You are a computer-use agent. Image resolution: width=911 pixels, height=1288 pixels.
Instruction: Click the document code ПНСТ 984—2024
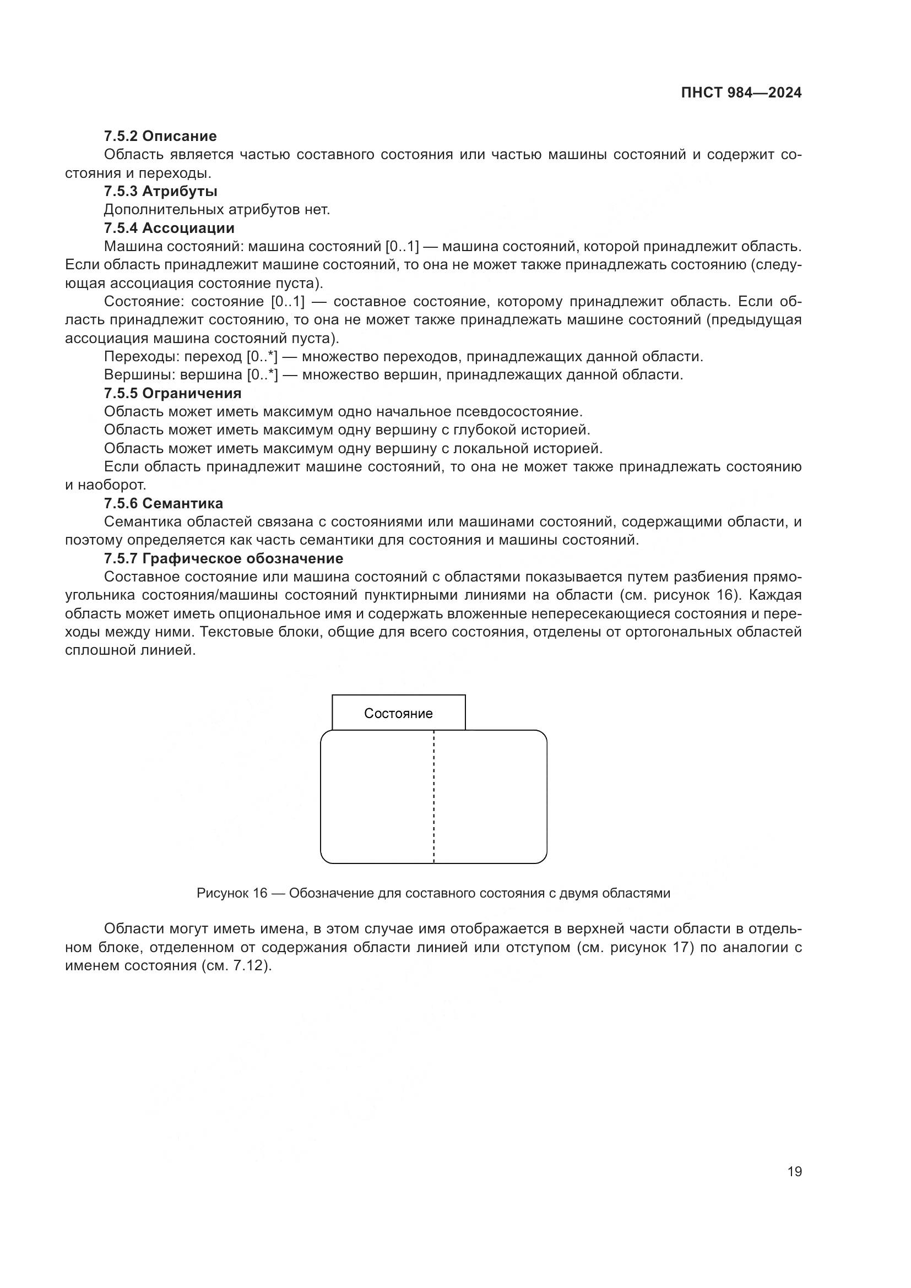click(x=741, y=93)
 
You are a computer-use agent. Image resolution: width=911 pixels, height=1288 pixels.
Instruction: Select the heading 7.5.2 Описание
click(x=160, y=137)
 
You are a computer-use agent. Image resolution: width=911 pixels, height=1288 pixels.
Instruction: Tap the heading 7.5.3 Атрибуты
click(x=160, y=191)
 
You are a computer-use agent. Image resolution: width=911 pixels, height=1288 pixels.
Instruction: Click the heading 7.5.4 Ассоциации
click(x=169, y=229)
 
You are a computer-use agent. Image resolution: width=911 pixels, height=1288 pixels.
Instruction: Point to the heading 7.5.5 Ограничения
click(x=172, y=393)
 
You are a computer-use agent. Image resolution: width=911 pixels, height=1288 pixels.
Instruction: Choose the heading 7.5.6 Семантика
click(x=163, y=503)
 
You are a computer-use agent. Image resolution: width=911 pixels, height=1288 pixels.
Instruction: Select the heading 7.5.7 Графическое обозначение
click(x=223, y=559)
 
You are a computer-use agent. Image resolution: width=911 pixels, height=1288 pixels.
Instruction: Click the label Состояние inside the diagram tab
click(x=398, y=714)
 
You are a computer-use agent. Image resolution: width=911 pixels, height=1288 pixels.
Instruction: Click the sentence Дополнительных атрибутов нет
click(x=217, y=210)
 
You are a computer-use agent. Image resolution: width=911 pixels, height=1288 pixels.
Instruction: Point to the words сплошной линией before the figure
click(x=130, y=651)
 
